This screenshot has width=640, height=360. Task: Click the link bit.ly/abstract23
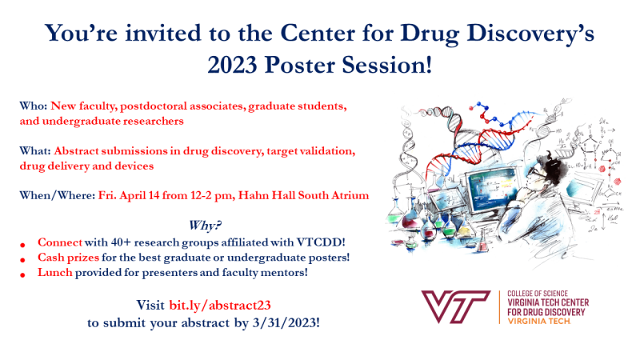(x=220, y=306)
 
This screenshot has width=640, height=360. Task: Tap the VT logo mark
(x=455, y=306)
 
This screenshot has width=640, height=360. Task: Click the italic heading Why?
(x=205, y=226)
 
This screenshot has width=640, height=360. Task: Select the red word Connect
(x=60, y=242)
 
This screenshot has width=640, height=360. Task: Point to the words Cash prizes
(x=68, y=258)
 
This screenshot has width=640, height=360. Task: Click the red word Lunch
(x=54, y=272)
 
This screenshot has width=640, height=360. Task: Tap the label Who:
(x=34, y=106)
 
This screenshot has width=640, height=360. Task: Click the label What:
(x=35, y=151)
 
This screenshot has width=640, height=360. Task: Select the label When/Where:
(x=58, y=195)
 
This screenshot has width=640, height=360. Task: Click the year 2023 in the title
(x=232, y=66)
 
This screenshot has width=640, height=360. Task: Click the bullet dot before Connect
(x=23, y=245)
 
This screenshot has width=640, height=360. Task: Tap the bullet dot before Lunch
(x=23, y=275)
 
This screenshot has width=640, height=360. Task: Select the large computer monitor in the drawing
(x=493, y=190)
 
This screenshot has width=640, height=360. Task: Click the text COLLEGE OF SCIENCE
(x=538, y=294)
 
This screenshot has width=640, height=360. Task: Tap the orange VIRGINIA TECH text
(x=538, y=322)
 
